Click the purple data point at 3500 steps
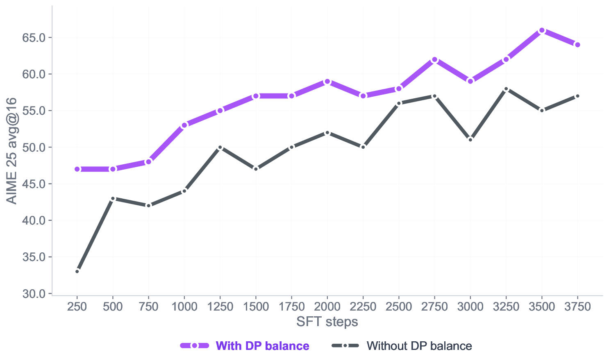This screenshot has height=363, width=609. point(542,30)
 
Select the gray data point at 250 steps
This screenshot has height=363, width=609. point(77,271)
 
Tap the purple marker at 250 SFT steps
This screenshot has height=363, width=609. point(77,169)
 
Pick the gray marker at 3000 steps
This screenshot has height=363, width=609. point(470,140)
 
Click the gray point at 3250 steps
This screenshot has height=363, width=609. point(506,89)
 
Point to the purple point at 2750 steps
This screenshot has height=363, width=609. point(434,60)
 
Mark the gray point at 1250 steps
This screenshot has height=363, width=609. point(220,147)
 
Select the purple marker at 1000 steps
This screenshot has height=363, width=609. point(184,125)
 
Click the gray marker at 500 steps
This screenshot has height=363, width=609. point(113,198)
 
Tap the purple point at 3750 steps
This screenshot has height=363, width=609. point(577,45)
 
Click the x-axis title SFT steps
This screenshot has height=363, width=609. point(327,322)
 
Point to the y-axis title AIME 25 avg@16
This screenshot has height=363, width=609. point(11,151)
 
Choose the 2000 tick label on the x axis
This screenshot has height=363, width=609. point(327,306)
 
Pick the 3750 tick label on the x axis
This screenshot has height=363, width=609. point(577,306)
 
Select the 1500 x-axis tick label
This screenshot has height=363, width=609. point(256,306)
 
